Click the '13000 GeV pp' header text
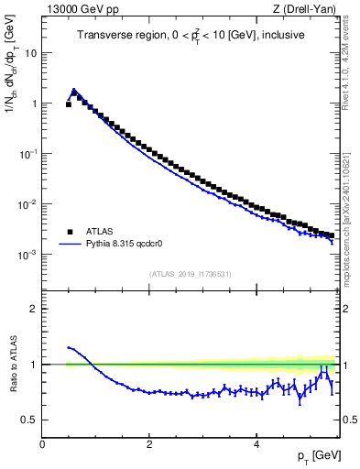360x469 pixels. point(76,8)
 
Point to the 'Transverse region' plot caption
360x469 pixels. point(191,36)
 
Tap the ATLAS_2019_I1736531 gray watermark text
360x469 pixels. point(191,273)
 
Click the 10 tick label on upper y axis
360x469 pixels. point(31,53)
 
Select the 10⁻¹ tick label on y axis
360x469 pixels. point(28,154)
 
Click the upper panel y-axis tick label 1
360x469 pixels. point(35,104)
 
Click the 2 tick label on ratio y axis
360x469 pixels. point(35,309)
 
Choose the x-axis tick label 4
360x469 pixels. point(256,444)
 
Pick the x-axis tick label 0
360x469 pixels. point(43,444)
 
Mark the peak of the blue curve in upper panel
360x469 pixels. point(74,90)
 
